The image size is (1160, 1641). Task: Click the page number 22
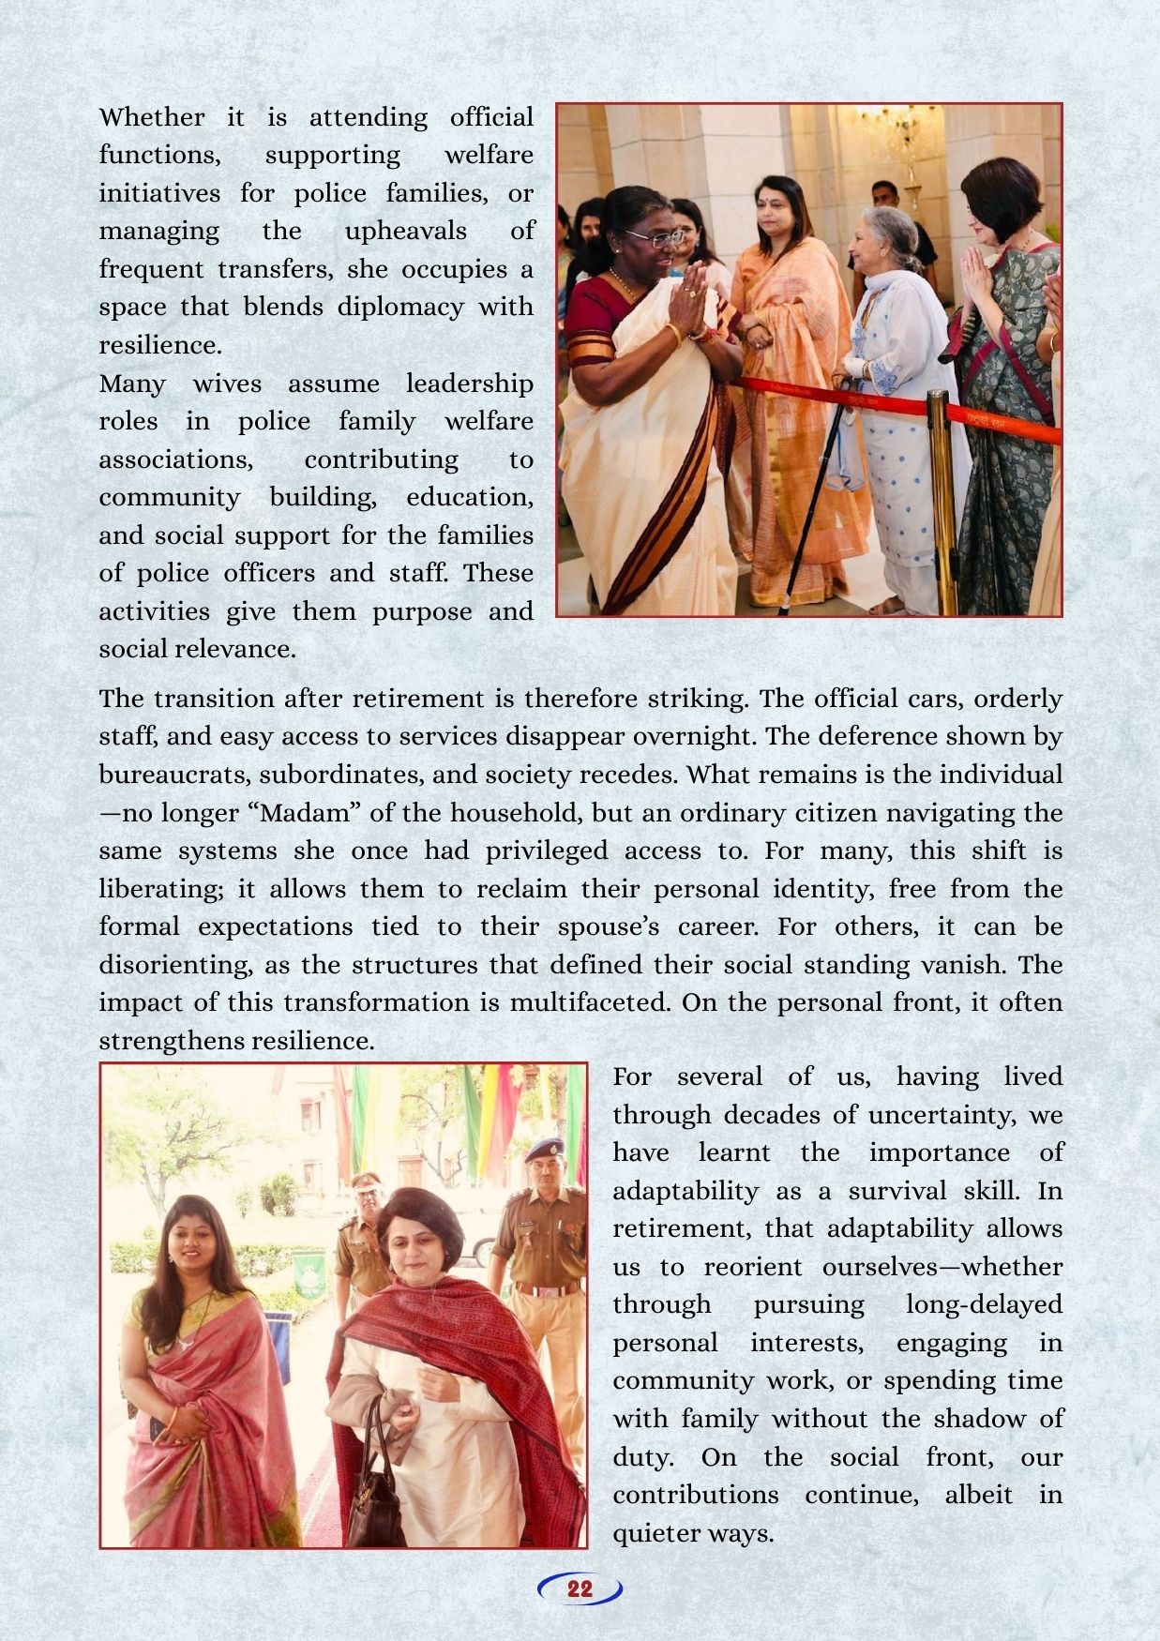580,1588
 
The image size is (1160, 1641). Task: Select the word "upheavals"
406,231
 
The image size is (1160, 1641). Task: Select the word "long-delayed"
984,1304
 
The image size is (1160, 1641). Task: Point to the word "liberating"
173,888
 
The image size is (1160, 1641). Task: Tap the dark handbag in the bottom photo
376,1491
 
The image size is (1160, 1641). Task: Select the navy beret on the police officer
545,1149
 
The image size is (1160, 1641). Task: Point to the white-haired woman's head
884,241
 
